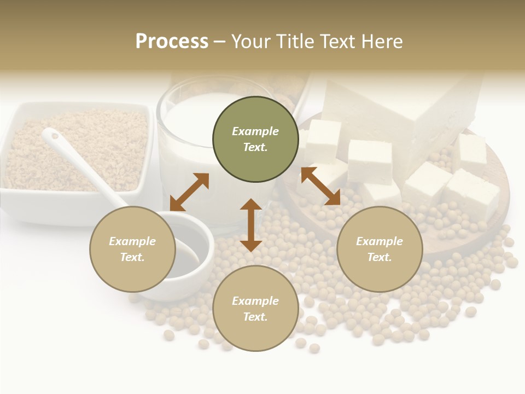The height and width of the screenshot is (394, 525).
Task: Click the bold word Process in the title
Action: click(x=172, y=42)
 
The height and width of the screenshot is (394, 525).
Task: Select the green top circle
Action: click(x=255, y=140)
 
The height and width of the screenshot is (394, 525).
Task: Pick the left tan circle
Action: click(x=132, y=249)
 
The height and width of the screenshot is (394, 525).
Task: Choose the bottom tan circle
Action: click(x=255, y=309)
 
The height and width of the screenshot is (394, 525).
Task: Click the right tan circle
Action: click(x=380, y=249)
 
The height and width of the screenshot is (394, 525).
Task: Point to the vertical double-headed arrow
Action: click(x=251, y=225)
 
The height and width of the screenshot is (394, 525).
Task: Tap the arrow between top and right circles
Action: click(x=320, y=186)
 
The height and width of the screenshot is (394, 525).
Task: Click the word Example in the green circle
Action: click(x=255, y=131)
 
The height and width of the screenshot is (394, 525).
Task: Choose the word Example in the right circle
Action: click(x=380, y=241)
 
